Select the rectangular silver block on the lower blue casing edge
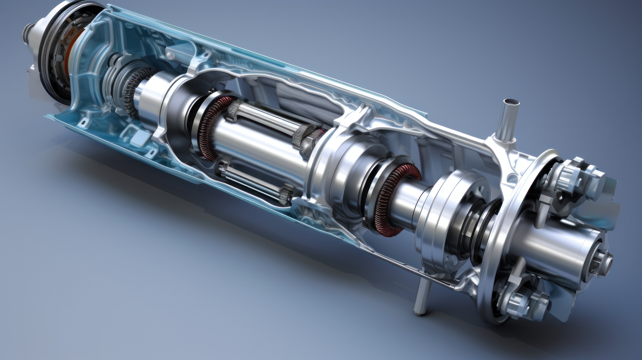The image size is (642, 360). pos(141,137)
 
